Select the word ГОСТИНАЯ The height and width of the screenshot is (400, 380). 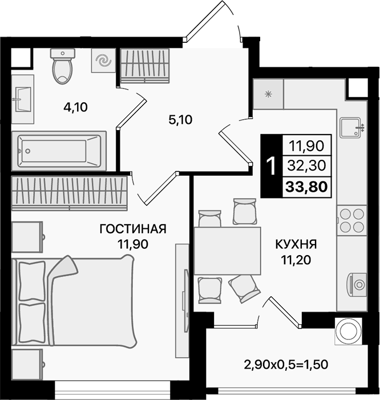tap(132, 229)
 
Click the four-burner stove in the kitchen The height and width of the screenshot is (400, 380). tap(351, 220)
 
